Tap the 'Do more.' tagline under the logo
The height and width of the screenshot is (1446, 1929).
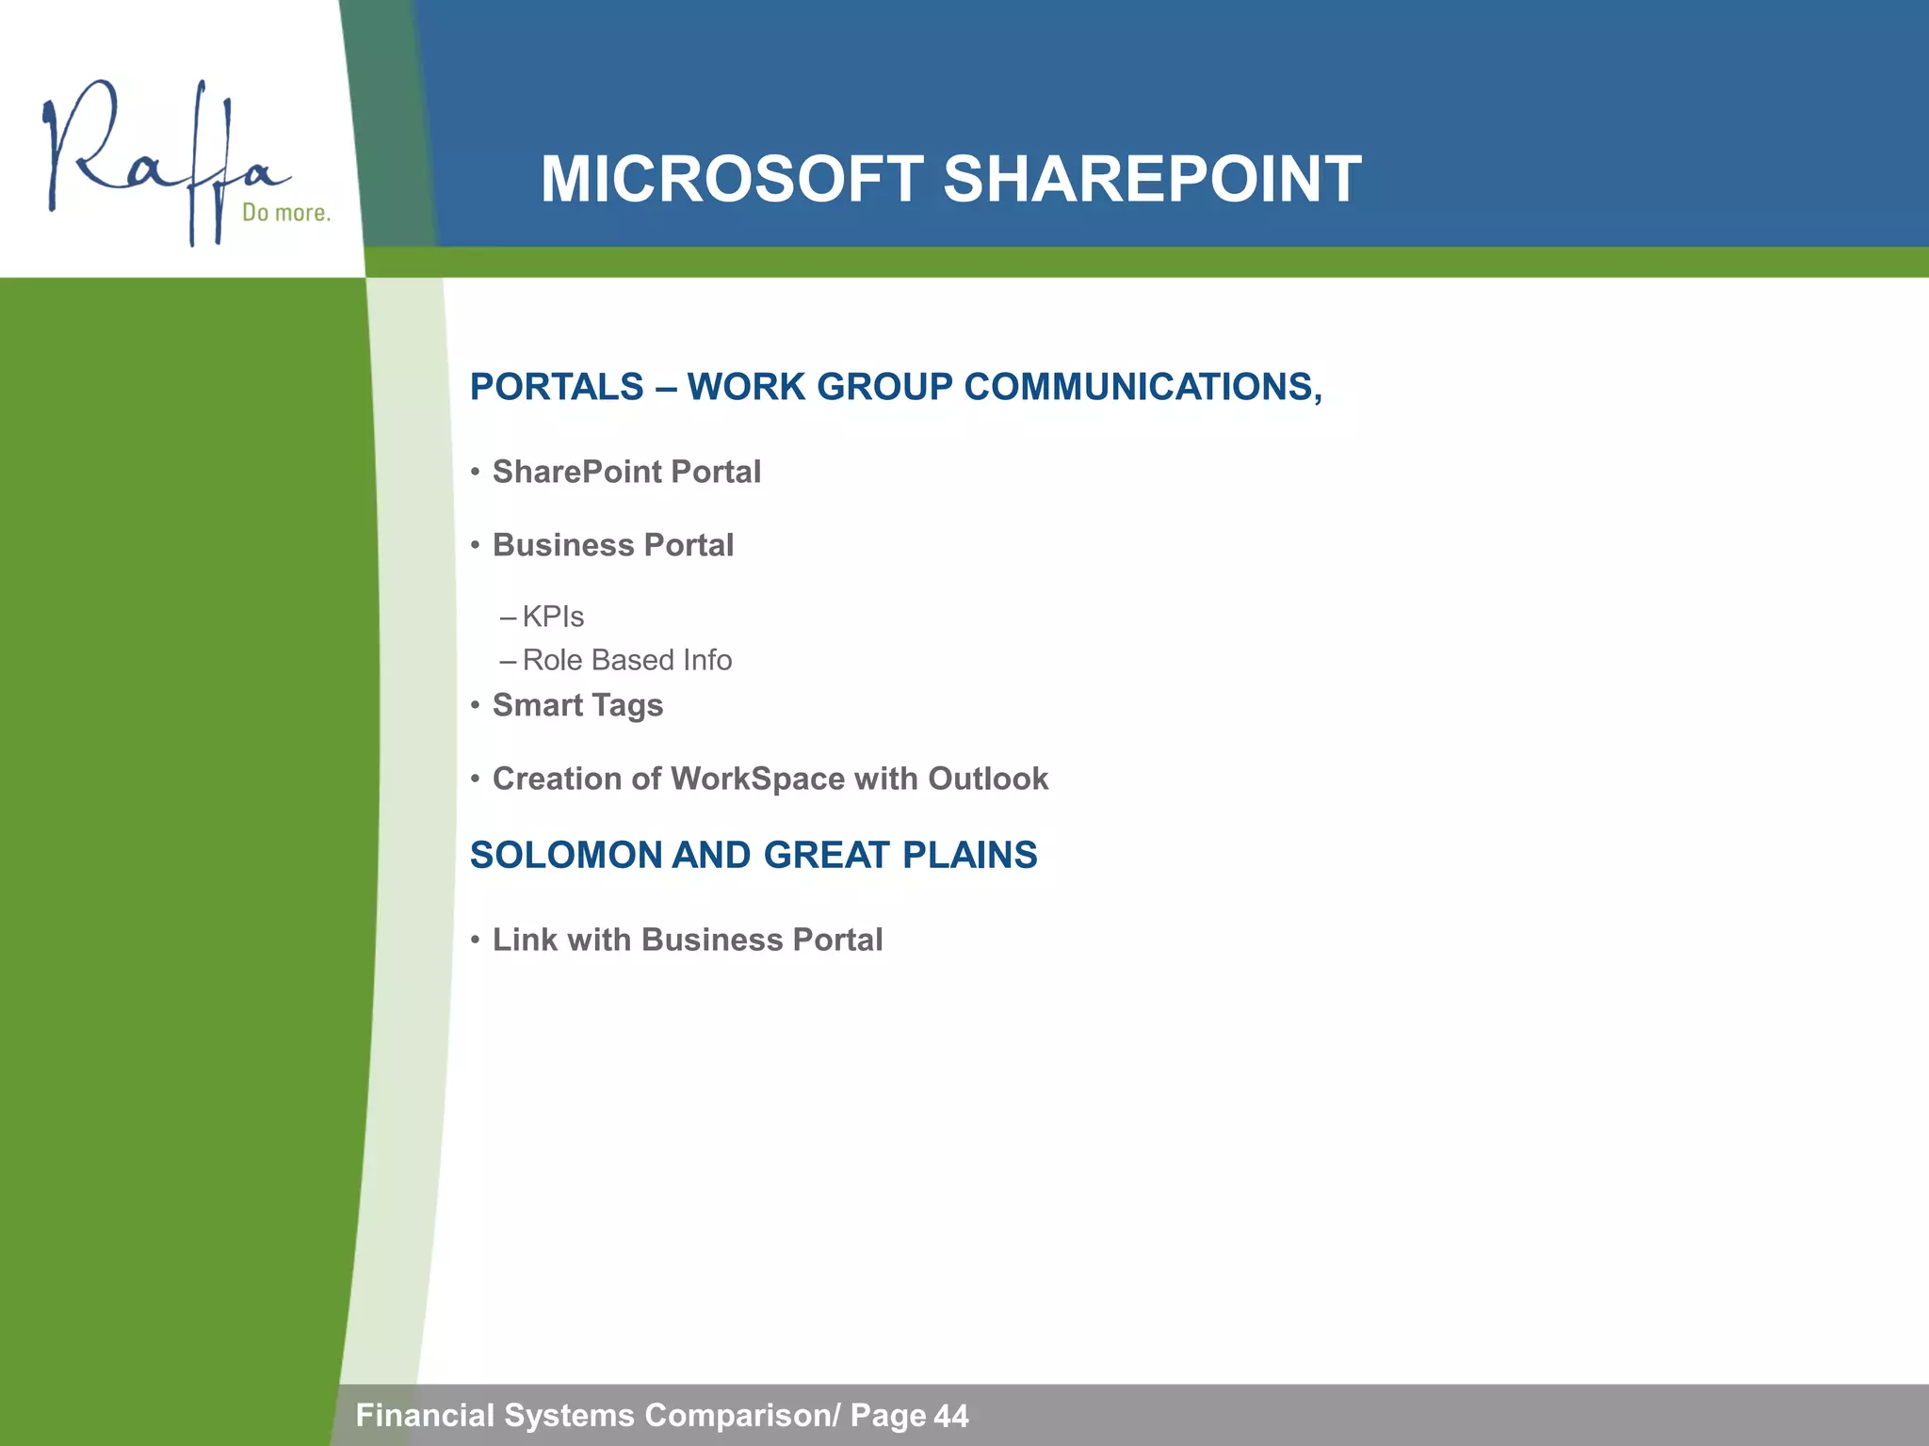pos(286,213)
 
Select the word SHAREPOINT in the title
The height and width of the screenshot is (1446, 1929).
pos(1151,179)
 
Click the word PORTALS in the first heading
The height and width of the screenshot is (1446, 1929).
pos(557,387)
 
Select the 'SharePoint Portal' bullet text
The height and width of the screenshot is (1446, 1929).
pos(626,472)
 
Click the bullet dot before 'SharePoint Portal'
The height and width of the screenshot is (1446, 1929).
pos(476,472)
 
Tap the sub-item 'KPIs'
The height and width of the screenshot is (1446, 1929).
pos(553,617)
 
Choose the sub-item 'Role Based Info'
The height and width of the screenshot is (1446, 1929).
pos(626,660)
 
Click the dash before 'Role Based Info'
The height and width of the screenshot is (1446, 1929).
pos(509,661)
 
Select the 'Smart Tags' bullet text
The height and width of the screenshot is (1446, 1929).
pos(577,705)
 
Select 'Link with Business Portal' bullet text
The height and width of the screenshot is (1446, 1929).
pos(688,940)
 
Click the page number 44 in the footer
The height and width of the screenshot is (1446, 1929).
pos(951,1416)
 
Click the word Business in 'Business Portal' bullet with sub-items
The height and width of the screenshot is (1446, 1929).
pos(562,545)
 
